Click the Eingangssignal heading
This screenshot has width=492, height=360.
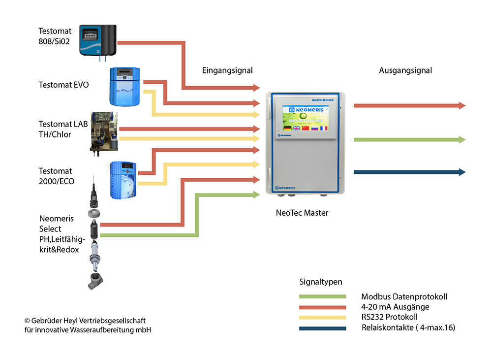click(227, 70)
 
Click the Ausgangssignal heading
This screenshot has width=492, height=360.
click(405, 70)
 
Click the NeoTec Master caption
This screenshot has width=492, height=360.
click(303, 213)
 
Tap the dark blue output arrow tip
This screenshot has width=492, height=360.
click(462, 172)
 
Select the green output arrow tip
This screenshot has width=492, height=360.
click(462, 140)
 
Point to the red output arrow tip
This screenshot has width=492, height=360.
click(462, 105)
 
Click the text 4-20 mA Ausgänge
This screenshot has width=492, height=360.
click(392, 307)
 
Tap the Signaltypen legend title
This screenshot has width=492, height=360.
click(321, 282)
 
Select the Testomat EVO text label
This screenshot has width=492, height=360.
click(64, 85)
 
